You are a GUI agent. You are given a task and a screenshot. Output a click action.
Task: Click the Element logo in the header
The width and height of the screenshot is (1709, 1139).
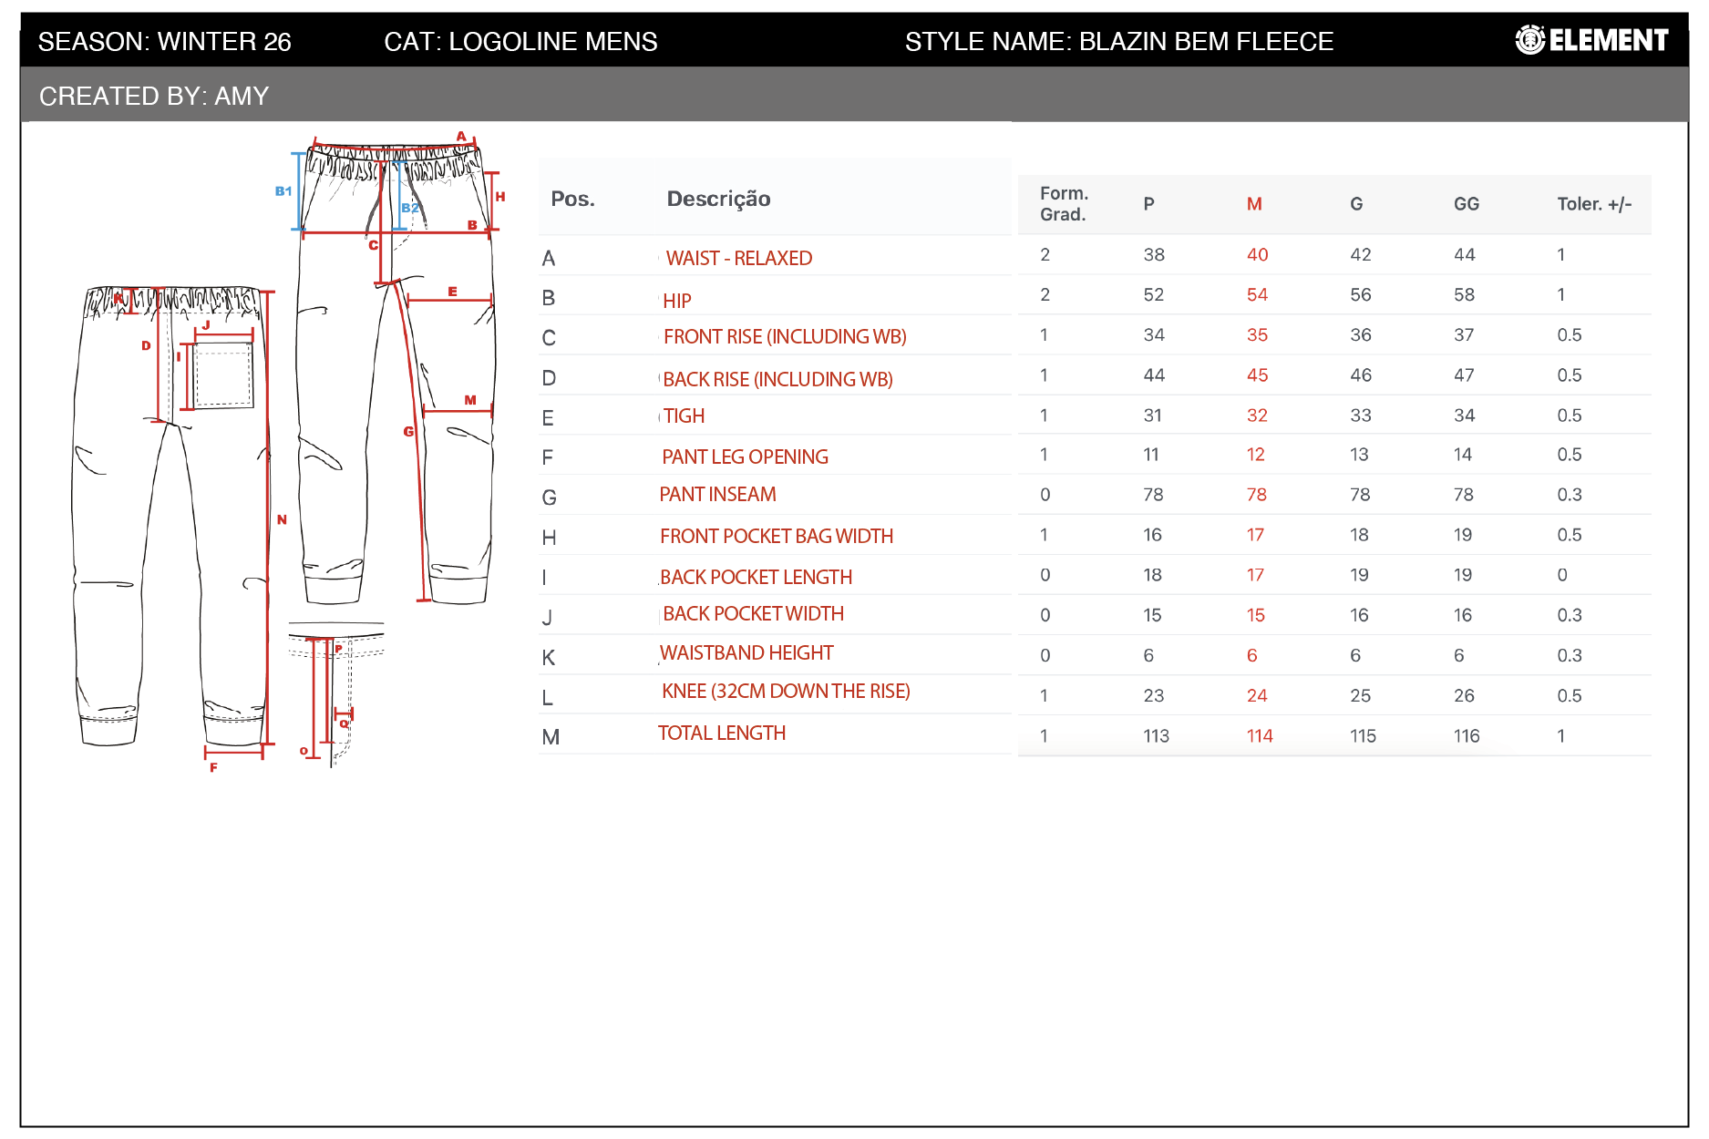pyautogui.click(x=1591, y=40)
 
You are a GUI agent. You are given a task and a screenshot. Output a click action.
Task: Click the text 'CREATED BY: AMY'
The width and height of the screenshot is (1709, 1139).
pyautogui.click(x=154, y=96)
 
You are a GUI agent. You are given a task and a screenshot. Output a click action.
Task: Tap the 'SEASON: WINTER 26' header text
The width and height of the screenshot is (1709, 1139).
pyautogui.click(x=165, y=41)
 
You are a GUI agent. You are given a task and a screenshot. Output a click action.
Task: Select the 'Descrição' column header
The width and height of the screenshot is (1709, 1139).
pyautogui.click(x=718, y=200)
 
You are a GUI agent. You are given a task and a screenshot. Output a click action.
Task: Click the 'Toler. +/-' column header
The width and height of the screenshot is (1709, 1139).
pyautogui.click(x=1594, y=204)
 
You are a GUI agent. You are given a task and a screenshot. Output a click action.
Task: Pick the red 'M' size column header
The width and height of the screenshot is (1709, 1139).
pyautogui.click(x=1254, y=204)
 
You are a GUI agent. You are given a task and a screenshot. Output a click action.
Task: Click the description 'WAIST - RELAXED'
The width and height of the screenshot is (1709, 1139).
pyautogui.click(x=738, y=258)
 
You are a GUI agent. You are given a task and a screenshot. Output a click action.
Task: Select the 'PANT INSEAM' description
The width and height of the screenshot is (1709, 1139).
pyautogui.click(x=717, y=494)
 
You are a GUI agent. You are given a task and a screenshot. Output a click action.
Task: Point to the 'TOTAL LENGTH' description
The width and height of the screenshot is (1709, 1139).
pyautogui.click(x=721, y=733)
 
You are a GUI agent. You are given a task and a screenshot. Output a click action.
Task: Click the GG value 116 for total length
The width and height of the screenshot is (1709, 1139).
pyautogui.click(x=1467, y=735)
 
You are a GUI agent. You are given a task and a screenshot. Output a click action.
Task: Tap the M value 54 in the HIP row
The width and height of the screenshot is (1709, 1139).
pyautogui.click(x=1257, y=294)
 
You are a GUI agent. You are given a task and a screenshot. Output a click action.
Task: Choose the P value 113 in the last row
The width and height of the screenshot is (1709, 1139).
pyautogui.click(x=1156, y=735)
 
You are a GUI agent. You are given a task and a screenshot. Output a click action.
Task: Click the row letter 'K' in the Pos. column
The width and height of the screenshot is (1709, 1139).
pyautogui.click(x=549, y=658)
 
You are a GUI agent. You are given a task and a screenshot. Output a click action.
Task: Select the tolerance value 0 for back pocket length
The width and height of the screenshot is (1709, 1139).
pyautogui.click(x=1562, y=575)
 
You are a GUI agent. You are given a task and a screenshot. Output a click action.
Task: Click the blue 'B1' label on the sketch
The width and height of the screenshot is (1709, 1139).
pyautogui.click(x=283, y=191)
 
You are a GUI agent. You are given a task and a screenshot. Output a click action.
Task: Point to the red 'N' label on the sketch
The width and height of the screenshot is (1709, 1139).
pyautogui.click(x=282, y=519)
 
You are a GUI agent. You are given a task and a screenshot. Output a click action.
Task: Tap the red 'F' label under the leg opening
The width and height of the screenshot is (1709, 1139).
pyautogui.click(x=213, y=767)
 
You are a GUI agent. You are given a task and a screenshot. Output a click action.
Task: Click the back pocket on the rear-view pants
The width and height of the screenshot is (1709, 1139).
pyautogui.click(x=223, y=375)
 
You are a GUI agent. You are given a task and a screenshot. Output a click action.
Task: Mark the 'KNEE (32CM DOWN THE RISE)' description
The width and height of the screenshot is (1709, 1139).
pyautogui.click(x=786, y=691)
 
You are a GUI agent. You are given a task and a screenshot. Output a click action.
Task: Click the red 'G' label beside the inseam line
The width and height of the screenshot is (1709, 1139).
pyautogui.click(x=408, y=431)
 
